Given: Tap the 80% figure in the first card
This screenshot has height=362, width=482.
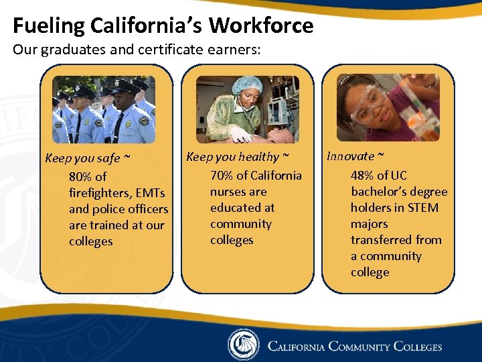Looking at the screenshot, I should click(81, 177).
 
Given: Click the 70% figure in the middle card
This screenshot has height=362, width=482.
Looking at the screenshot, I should click(222, 176).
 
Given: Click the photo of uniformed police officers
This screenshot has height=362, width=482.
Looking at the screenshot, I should click(104, 109).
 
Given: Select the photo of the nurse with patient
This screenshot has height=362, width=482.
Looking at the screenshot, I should click(247, 109).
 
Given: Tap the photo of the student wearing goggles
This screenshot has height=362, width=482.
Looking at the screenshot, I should click(388, 107).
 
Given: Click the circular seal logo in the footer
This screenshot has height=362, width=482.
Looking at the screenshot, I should click(243, 345).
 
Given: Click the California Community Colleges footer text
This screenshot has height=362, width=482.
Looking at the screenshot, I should click(355, 347).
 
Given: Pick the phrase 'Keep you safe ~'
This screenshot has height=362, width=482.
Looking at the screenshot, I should click(87, 159).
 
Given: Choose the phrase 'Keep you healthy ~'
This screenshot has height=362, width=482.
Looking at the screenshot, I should click(238, 157).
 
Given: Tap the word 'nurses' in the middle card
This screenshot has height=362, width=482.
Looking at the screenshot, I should click(228, 192).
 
